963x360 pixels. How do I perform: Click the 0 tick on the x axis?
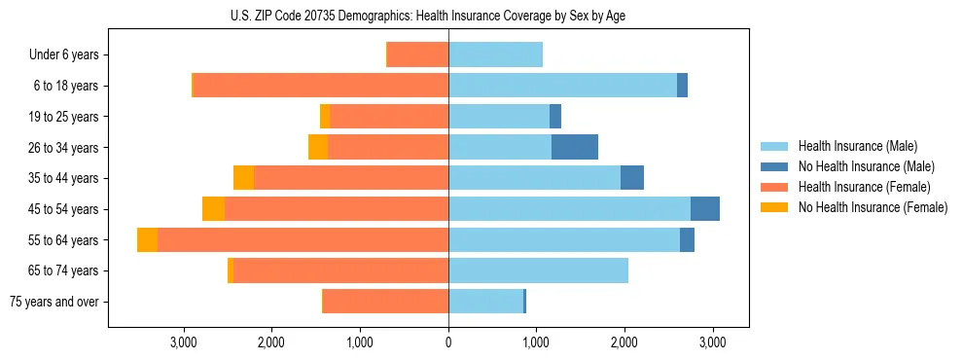click(x=448, y=342)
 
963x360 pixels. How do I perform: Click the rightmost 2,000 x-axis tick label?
click(x=624, y=342)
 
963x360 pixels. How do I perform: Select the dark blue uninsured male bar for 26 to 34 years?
click(x=575, y=147)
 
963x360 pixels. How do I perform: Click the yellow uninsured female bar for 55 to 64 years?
click(x=147, y=239)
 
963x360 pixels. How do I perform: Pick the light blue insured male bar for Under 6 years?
click(x=495, y=54)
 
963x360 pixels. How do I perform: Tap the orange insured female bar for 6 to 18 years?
click(x=321, y=86)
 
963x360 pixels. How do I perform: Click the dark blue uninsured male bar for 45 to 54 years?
click(x=705, y=208)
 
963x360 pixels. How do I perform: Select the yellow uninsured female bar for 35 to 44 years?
click(x=243, y=178)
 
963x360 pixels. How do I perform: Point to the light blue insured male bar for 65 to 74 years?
click(x=538, y=270)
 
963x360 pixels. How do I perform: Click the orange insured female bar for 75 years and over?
click(x=385, y=302)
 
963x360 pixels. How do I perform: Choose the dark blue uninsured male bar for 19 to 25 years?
click(x=555, y=117)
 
